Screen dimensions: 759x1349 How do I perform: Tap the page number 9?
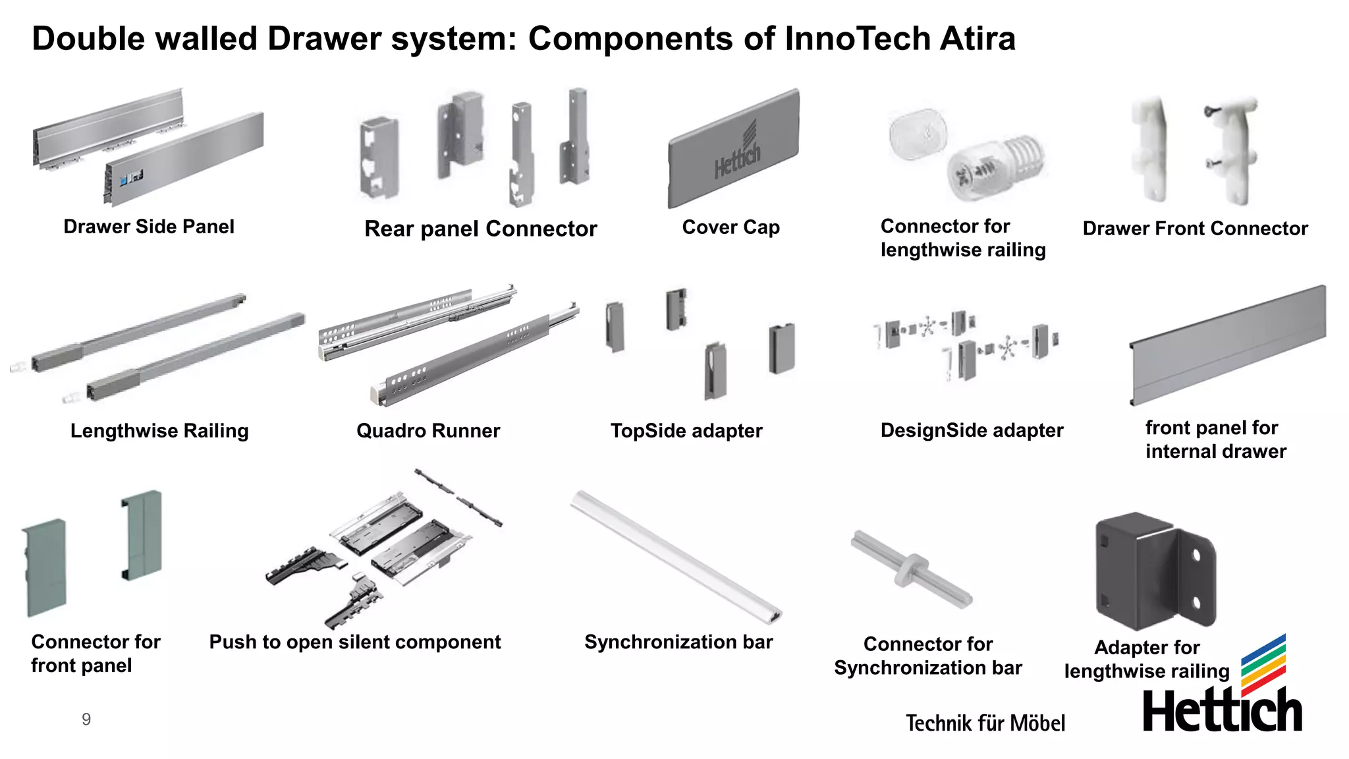[86, 719]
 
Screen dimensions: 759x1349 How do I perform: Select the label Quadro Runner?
[428, 431]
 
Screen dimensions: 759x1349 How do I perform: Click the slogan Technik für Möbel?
[985, 723]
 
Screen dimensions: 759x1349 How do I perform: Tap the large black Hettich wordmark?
[1222, 712]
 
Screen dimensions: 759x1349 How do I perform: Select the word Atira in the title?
[977, 38]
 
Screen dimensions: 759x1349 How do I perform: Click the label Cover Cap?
[730, 227]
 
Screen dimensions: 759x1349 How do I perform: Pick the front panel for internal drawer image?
[1228, 346]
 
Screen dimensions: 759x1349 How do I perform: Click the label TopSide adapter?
[686, 431]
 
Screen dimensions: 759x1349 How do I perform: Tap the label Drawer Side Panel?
[149, 227]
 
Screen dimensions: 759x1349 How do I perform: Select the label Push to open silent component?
[355, 642]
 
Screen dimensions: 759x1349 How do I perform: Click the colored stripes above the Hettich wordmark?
[1263, 664]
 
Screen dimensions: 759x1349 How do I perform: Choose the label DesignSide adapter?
[972, 431]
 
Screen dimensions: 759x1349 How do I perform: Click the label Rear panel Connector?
[481, 229]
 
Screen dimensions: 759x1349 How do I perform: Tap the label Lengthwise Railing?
[159, 431]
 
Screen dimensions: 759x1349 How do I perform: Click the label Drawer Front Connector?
[1195, 229]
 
